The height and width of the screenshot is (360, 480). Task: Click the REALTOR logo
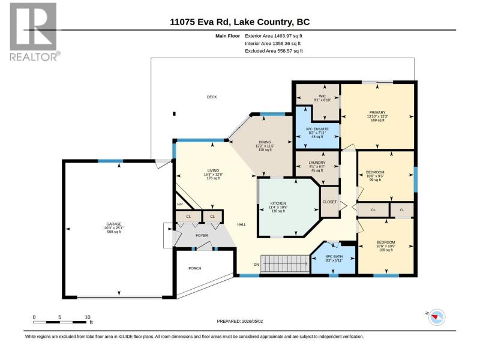pos(35,32)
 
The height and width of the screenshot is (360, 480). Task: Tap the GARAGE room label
pos(114,224)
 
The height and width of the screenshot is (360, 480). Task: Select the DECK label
pos(212,97)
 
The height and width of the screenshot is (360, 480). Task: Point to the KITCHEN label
pos(278,203)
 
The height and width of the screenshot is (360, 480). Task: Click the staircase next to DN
pos(284,264)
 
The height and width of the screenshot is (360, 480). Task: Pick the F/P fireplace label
pos(179,204)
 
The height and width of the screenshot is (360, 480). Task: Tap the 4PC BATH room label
pos(334,257)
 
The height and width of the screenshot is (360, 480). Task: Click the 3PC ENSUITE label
pos(317,129)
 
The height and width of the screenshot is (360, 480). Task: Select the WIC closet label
pos(322,96)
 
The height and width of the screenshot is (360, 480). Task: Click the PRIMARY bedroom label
pos(377,112)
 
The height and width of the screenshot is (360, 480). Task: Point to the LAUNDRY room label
pos(317,163)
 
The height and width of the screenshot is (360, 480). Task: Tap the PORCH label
pos(194,268)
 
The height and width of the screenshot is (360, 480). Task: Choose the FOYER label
pos(202,235)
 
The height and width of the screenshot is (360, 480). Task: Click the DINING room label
pos(265,142)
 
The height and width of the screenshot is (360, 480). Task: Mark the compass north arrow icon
pos(437,317)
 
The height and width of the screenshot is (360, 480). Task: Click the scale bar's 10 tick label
pos(88,317)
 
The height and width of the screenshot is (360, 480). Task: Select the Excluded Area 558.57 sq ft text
pos(274,51)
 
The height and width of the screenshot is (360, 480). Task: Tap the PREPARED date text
pos(239,321)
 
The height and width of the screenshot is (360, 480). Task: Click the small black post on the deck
pos(174,114)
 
